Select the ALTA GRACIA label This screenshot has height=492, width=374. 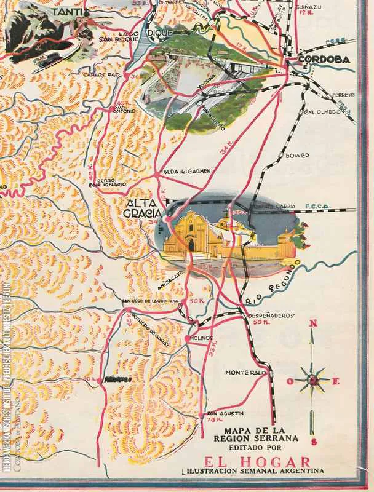pos(142,208)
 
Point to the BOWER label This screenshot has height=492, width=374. pos(298,156)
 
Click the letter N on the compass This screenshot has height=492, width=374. pos(313,324)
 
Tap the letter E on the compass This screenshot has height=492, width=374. pos(336,381)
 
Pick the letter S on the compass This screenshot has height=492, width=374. pos(314,441)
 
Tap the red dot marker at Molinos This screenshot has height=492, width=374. pos(188,338)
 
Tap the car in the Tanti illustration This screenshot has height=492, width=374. pos(47,59)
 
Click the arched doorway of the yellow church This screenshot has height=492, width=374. pos(191,245)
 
